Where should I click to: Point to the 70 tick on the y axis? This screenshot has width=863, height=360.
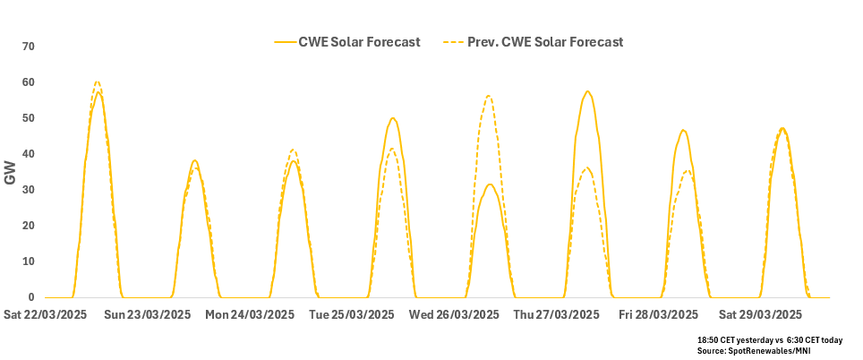[x=28, y=47]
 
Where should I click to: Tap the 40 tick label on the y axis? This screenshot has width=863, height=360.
[x=28, y=154]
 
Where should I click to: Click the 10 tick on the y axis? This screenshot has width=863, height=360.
[x=28, y=261]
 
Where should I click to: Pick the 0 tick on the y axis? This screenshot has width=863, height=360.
[x=30, y=297]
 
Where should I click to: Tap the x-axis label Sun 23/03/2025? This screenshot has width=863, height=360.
[x=147, y=315]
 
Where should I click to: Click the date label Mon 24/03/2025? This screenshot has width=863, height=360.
[x=250, y=315]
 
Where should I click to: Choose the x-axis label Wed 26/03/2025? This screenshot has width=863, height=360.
[x=455, y=315]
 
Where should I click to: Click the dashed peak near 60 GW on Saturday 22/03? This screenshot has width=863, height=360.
[x=98, y=81]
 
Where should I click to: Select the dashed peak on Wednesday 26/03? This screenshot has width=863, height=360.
[x=489, y=95]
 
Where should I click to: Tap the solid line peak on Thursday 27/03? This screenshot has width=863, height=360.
[x=587, y=90]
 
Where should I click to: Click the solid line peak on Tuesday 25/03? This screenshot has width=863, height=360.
[x=392, y=117]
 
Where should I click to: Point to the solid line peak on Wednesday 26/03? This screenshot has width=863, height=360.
[x=490, y=184]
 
